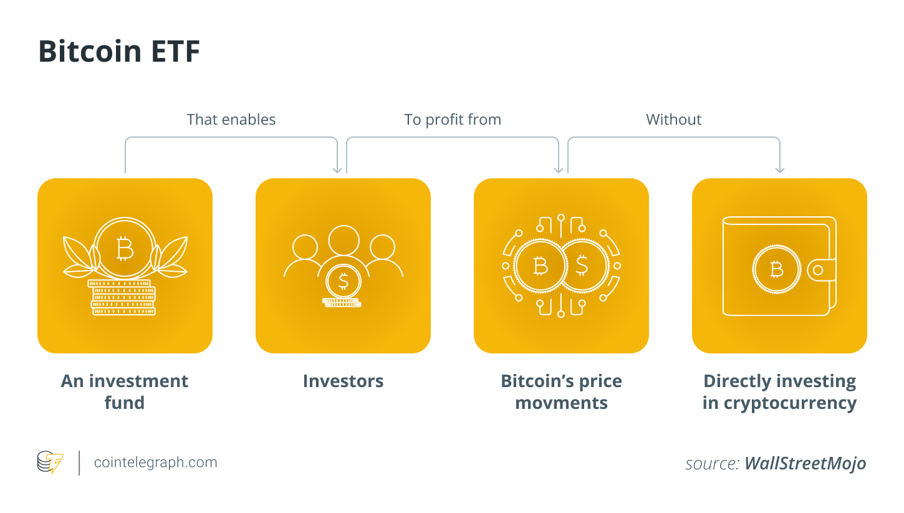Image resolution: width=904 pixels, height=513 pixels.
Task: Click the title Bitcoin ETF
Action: (119, 52)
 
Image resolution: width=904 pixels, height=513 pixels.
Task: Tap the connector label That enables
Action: (231, 120)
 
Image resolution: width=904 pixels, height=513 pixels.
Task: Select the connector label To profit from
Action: (453, 120)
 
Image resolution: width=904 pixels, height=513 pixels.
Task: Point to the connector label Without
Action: (673, 120)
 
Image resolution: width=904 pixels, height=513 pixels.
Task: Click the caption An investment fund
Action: (125, 391)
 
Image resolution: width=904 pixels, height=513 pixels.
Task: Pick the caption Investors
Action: (343, 381)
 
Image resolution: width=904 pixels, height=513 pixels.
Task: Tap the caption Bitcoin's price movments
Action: (561, 391)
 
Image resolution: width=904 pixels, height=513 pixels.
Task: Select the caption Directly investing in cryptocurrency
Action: (779, 391)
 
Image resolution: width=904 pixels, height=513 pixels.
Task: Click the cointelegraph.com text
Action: (155, 463)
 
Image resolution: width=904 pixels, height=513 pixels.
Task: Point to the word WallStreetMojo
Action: (805, 464)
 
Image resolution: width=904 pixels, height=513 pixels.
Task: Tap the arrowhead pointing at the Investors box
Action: (337, 170)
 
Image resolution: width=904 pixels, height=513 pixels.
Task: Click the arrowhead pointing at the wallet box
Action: (780, 170)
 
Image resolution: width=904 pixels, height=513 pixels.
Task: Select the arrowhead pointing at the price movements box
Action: (559, 170)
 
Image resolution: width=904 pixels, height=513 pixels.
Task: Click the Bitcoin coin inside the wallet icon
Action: (776, 270)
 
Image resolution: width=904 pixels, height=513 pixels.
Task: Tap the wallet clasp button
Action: (817, 270)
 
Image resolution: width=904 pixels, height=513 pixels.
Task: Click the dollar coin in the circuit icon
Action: (582, 266)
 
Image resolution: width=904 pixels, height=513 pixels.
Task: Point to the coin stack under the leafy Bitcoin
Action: (122, 298)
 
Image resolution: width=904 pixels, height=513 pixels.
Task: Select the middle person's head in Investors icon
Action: (344, 239)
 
